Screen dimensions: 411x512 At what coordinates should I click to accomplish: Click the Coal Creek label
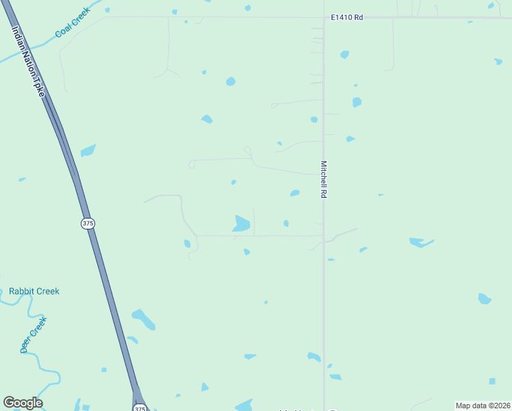pyautogui.click(x=73, y=22)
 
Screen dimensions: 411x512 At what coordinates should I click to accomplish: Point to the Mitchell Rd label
pyautogui.click(x=324, y=179)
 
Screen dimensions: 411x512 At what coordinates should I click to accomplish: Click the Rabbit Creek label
pyautogui.click(x=34, y=291)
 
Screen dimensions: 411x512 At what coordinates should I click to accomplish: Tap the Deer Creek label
pyautogui.click(x=34, y=334)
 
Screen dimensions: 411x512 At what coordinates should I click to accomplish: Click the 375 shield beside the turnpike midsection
pyautogui.click(x=88, y=223)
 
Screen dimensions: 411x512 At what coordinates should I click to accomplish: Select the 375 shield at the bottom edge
pyautogui.click(x=140, y=408)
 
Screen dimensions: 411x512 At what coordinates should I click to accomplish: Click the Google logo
pyautogui.click(x=23, y=403)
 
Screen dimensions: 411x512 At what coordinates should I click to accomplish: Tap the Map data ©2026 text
pyautogui.click(x=483, y=405)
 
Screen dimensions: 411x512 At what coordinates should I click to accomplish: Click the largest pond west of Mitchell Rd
pyautogui.click(x=242, y=223)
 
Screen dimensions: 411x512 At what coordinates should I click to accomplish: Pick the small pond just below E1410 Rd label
pyautogui.click(x=344, y=54)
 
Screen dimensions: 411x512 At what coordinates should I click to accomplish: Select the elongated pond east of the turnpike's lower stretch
pyautogui.click(x=144, y=319)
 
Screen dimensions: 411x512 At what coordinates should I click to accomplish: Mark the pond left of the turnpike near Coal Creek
pyautogui.click(x=88, y=150)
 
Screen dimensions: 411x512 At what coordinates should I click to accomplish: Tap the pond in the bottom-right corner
pyautogui.click(x=491, y=381)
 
